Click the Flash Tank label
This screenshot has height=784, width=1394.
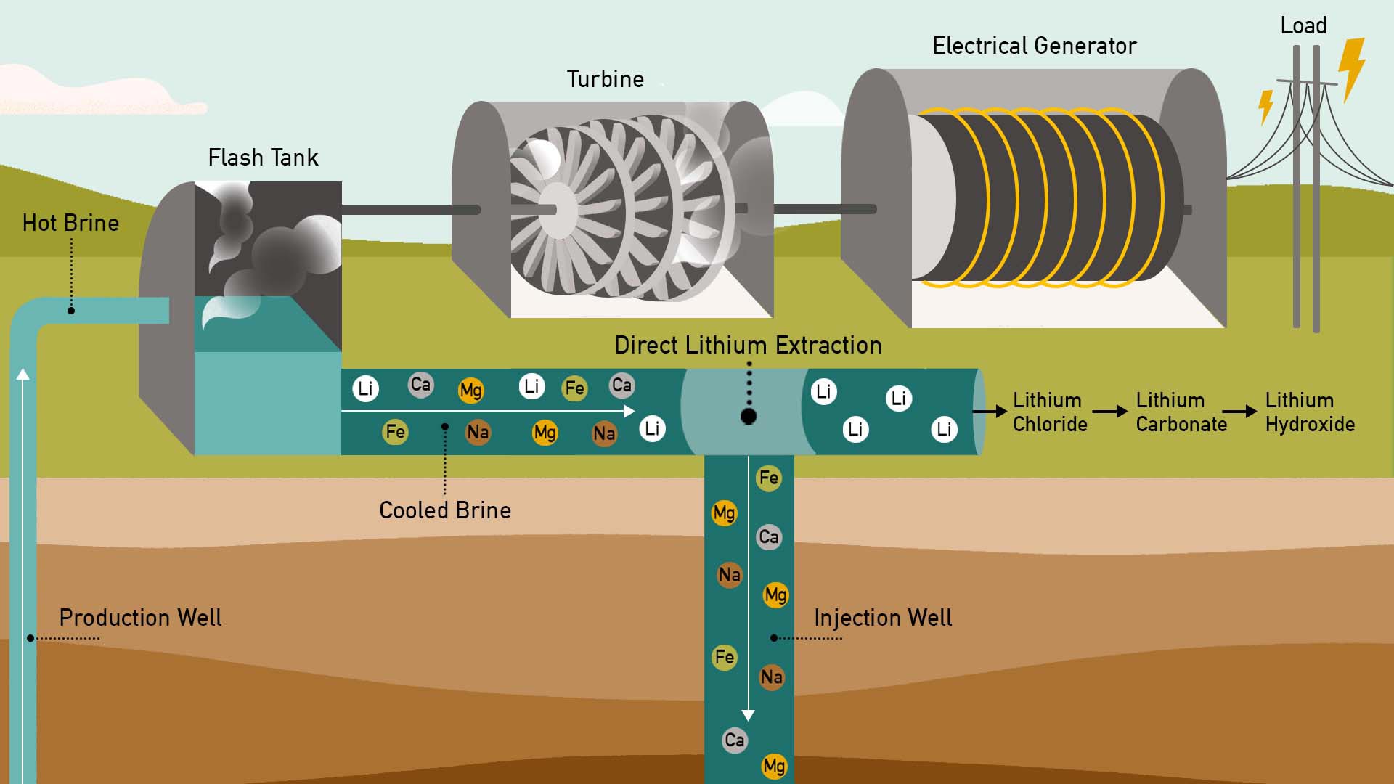click(x=263, y=158)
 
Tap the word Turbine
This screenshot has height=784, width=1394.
click(x=605, y=79)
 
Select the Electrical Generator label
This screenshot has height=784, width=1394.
click(x=1034, y=46)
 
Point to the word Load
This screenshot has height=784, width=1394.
click(x=1303, y=26)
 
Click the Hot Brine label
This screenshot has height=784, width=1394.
click(x=70, y=223)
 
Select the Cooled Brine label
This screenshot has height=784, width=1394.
click(x=445, y=510)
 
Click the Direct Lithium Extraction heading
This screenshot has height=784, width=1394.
click(x=748, y=346)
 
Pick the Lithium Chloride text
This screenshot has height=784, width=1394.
click(x=1049, y=412)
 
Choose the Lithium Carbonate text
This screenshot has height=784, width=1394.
click(x=1181, y=412)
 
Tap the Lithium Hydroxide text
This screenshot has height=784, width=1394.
click(x=1309, y=412)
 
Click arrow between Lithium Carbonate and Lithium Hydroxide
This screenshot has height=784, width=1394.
click(x=1240, y=412)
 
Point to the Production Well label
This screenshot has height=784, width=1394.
click(x=140, y=618)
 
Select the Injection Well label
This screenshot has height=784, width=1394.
click(x=882, y=618)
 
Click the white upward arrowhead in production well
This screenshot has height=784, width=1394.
click(x=23, y=374)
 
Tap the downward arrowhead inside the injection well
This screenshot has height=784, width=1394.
click(x=749, y=715)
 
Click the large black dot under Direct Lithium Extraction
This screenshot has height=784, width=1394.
click(x=749, y=416)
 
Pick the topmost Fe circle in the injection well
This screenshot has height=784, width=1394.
click(x=768, y=478)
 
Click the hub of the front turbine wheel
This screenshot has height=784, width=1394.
click(x=556, y=210)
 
